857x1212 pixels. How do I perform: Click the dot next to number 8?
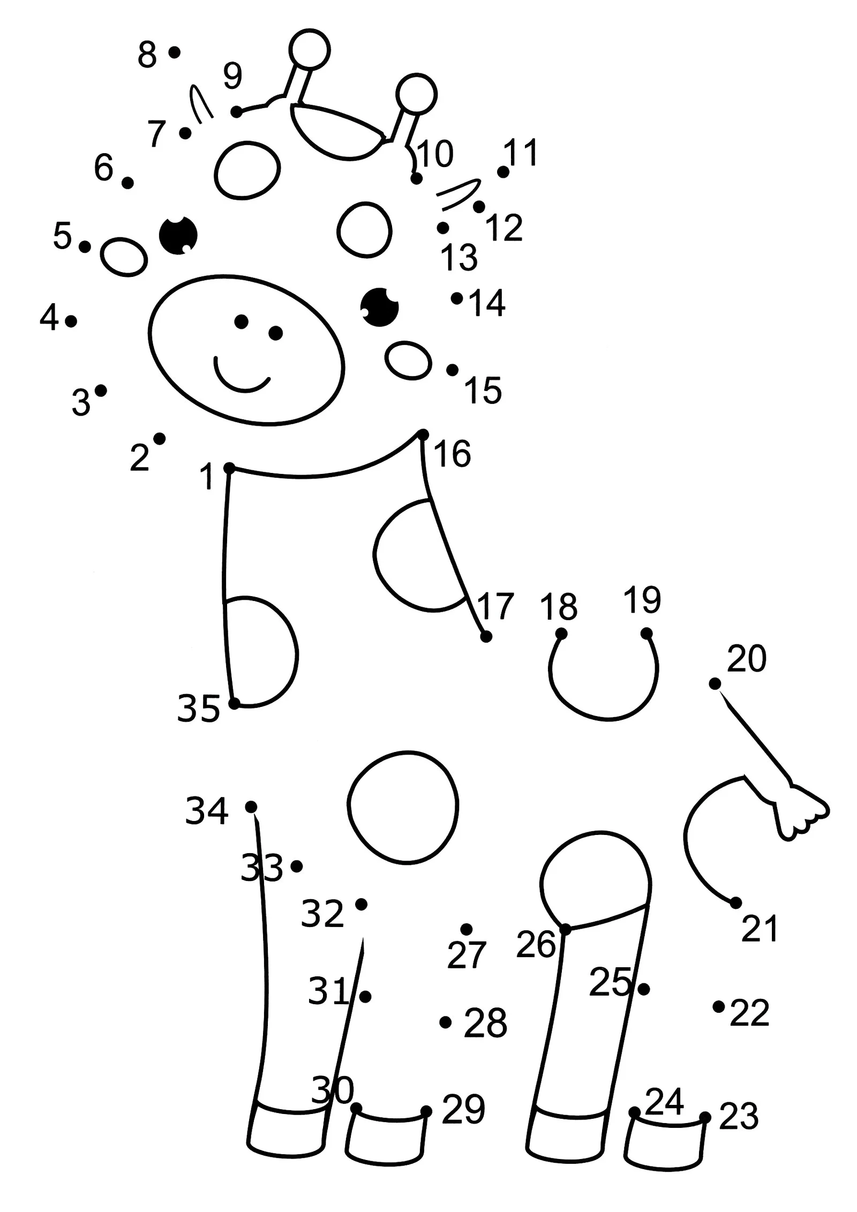click(x=174, y=52)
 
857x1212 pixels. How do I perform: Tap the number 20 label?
click(x=746, y=658)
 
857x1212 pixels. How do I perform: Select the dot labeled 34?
click(x=251, y=807)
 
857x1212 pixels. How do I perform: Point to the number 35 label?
click(x=198, y=709)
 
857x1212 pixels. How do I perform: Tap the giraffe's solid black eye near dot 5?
click(x=178, y=235)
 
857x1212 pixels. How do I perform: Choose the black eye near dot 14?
click(x=379, y=307)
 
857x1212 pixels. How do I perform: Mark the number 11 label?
click(x=521, y=153)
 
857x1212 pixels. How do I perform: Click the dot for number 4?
click(x=71, y=321)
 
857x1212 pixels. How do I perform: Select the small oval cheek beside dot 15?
click(x=408, y=361)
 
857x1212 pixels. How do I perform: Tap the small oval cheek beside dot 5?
click(x=124, y=257)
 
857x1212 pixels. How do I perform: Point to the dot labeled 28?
click(x=445, y=1022)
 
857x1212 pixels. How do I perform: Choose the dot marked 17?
click(x=486, y=637)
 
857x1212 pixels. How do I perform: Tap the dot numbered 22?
click(x=718, y=1006)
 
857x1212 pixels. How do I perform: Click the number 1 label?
click(x=207, y=477)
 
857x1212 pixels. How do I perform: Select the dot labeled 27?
click(x=466, y=929)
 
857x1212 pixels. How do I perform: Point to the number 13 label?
click(x=459, y=258)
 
